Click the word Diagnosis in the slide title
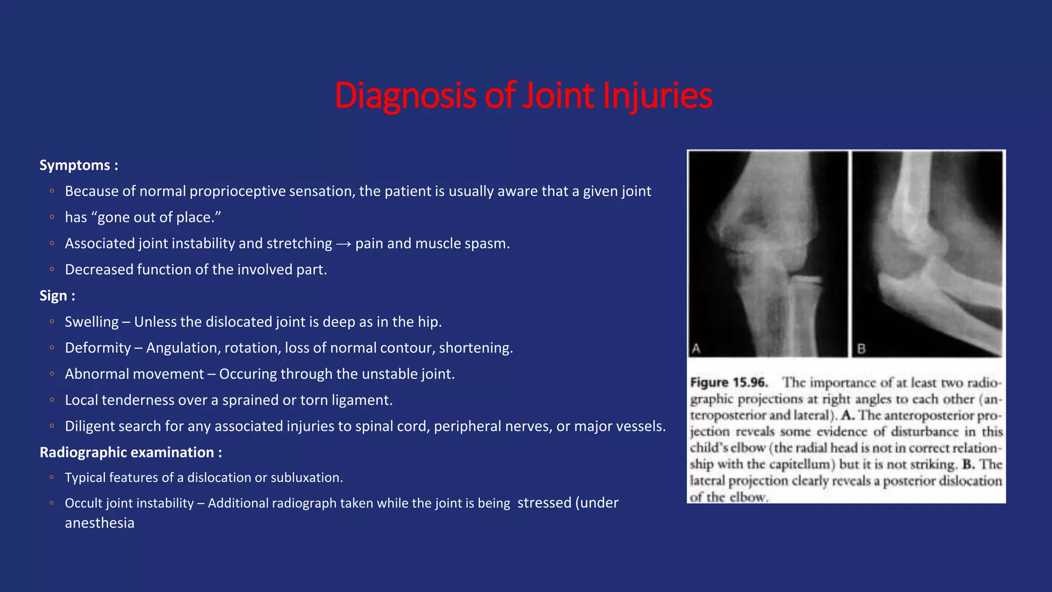point(405,96)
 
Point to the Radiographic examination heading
point(130,452)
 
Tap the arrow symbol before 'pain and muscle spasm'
point(344,244)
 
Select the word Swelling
point(91,322)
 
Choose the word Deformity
point(98,348)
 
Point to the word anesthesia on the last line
point(100,523)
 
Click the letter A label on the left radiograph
point(696,348)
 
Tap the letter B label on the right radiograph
point(861,349)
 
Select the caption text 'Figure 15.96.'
point(729,383)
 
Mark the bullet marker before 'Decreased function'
point(52,269)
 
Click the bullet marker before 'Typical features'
point(52,477)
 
